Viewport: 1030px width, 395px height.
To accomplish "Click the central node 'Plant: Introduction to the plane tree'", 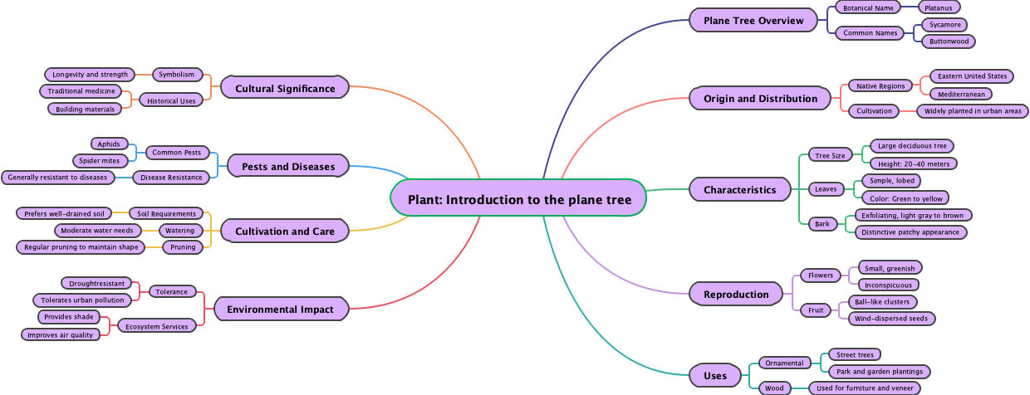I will point(519,199).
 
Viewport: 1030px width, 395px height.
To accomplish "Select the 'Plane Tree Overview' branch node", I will point(753,20).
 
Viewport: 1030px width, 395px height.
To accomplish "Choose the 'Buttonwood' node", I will point(947,41).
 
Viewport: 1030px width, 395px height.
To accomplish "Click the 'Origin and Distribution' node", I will point(760,98).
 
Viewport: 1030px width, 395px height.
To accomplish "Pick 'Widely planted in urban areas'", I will point(973,110).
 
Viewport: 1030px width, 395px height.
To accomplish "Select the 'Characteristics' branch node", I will point(739,189).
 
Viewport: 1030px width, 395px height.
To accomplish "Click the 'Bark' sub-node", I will point(822,223).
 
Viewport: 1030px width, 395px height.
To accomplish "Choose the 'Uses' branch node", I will point(714,375).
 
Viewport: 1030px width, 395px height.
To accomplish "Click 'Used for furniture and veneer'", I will point(864,388).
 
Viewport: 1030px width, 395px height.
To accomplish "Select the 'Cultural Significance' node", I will point(285,88).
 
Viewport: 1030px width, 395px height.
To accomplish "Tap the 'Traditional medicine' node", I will point(81,90).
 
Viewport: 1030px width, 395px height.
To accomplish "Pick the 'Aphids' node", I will point(108,144).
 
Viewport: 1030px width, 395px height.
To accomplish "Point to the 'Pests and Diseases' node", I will point(288,166).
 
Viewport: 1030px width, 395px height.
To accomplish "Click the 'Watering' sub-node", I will point(180,230).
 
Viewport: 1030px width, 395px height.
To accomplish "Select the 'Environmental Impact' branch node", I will point(281,310).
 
